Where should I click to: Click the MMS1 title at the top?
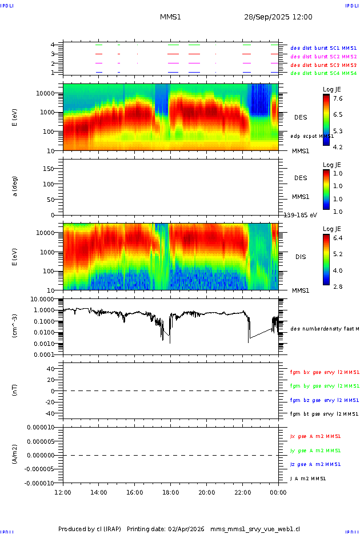(170, 17)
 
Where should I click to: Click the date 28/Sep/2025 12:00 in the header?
(278, 17)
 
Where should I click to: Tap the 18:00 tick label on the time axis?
(170, 492)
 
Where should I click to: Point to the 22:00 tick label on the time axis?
(242, 492)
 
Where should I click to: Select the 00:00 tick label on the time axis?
(278, 492)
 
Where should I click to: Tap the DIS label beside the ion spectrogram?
(300, 257)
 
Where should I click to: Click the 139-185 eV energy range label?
(301, 215)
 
